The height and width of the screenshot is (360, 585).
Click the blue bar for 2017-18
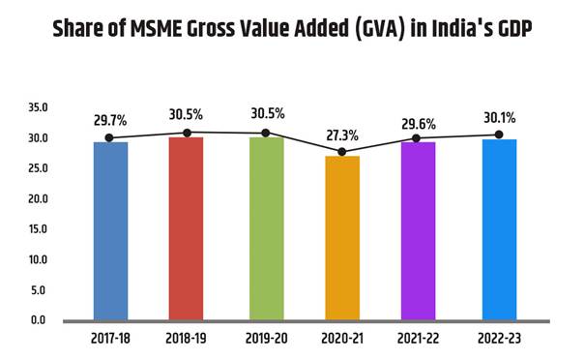point(110,230)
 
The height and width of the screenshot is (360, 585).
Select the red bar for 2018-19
point(186,228)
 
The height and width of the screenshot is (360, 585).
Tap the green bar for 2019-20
point(266,228)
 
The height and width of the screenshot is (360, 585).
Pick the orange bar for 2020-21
point(341,237)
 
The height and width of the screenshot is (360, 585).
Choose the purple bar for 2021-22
point(419,230)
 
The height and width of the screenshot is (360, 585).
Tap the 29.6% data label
point(419,124)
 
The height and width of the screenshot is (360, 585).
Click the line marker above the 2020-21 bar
point(341,151)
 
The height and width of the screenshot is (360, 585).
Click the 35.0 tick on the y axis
point(38,108)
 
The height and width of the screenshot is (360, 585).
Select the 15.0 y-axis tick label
point(38,229)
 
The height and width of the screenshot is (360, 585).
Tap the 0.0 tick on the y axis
point(38,320)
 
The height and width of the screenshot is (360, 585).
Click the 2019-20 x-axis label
point(266,341)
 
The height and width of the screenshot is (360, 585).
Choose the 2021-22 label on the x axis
point(419,341)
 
